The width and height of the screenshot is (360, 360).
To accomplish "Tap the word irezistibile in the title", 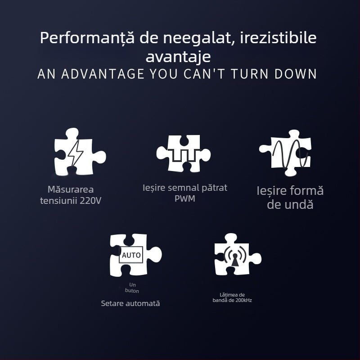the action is (x=278, y=37).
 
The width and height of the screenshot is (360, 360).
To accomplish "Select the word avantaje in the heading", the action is (x=178, y=57).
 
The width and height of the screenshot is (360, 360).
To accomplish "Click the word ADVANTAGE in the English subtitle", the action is (x=103, y=74).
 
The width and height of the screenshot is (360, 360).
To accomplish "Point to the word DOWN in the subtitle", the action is (x=296, y=74).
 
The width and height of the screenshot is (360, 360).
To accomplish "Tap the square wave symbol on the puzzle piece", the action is (x=184, y=155).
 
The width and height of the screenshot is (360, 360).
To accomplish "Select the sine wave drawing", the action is (x=290, y=153).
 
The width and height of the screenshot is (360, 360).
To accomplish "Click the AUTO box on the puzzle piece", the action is (x=131, y=255).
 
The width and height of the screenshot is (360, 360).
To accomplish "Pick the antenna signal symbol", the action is (x=235, y=256).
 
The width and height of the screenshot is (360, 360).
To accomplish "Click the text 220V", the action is (x=90, y=201).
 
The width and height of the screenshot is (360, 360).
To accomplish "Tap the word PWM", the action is (x=184, y=198).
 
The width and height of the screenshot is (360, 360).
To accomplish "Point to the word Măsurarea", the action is (x=71, y=189).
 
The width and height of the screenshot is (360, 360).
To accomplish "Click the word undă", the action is (x=300, y=204).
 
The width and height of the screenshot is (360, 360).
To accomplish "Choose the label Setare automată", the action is (x=130, y=303).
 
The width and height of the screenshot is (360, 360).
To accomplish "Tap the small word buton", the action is (x=132, y=291).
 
